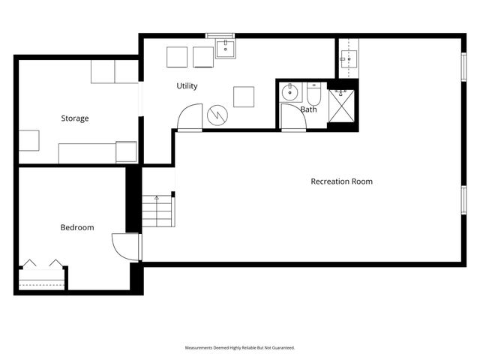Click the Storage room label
[x=75, y=118]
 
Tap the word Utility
[x=187, y=86]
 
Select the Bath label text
[x=308, y=109]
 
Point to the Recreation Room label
[x=341, y=181]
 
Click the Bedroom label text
[x=77, y=227]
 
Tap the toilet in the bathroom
[x=313, y=94]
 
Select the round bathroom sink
[x=290, y=93]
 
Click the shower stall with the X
[x=343, y=106]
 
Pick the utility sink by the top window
[x=226, y=49]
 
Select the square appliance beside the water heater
[x=243, y=97]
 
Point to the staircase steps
[x=159, y=212]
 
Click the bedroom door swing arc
[x=124, y=246]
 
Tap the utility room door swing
[x=189, y=116]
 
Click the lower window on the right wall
[x=462, y=201]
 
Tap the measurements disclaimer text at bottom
[x=240, y=348]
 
